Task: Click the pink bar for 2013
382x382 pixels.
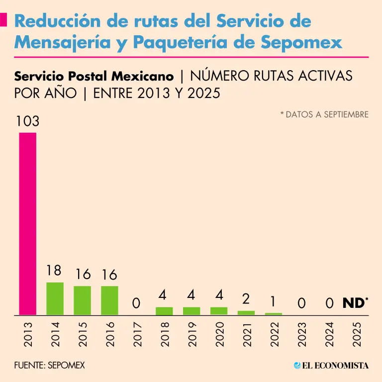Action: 27,224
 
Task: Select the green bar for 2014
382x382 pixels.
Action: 55,299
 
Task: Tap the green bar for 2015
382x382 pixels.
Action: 82,300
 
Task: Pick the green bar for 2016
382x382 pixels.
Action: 109,300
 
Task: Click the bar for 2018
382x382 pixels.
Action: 164,311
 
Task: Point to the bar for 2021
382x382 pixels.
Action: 246,313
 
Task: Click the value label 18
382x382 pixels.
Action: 54,271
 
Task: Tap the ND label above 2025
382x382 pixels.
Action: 354,302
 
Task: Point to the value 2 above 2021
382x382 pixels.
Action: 246,299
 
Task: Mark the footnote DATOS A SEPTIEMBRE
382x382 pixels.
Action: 326,114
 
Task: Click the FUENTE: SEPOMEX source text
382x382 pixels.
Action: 49,365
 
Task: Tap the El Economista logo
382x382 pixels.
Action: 331,365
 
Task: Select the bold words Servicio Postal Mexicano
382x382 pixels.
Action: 94,76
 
